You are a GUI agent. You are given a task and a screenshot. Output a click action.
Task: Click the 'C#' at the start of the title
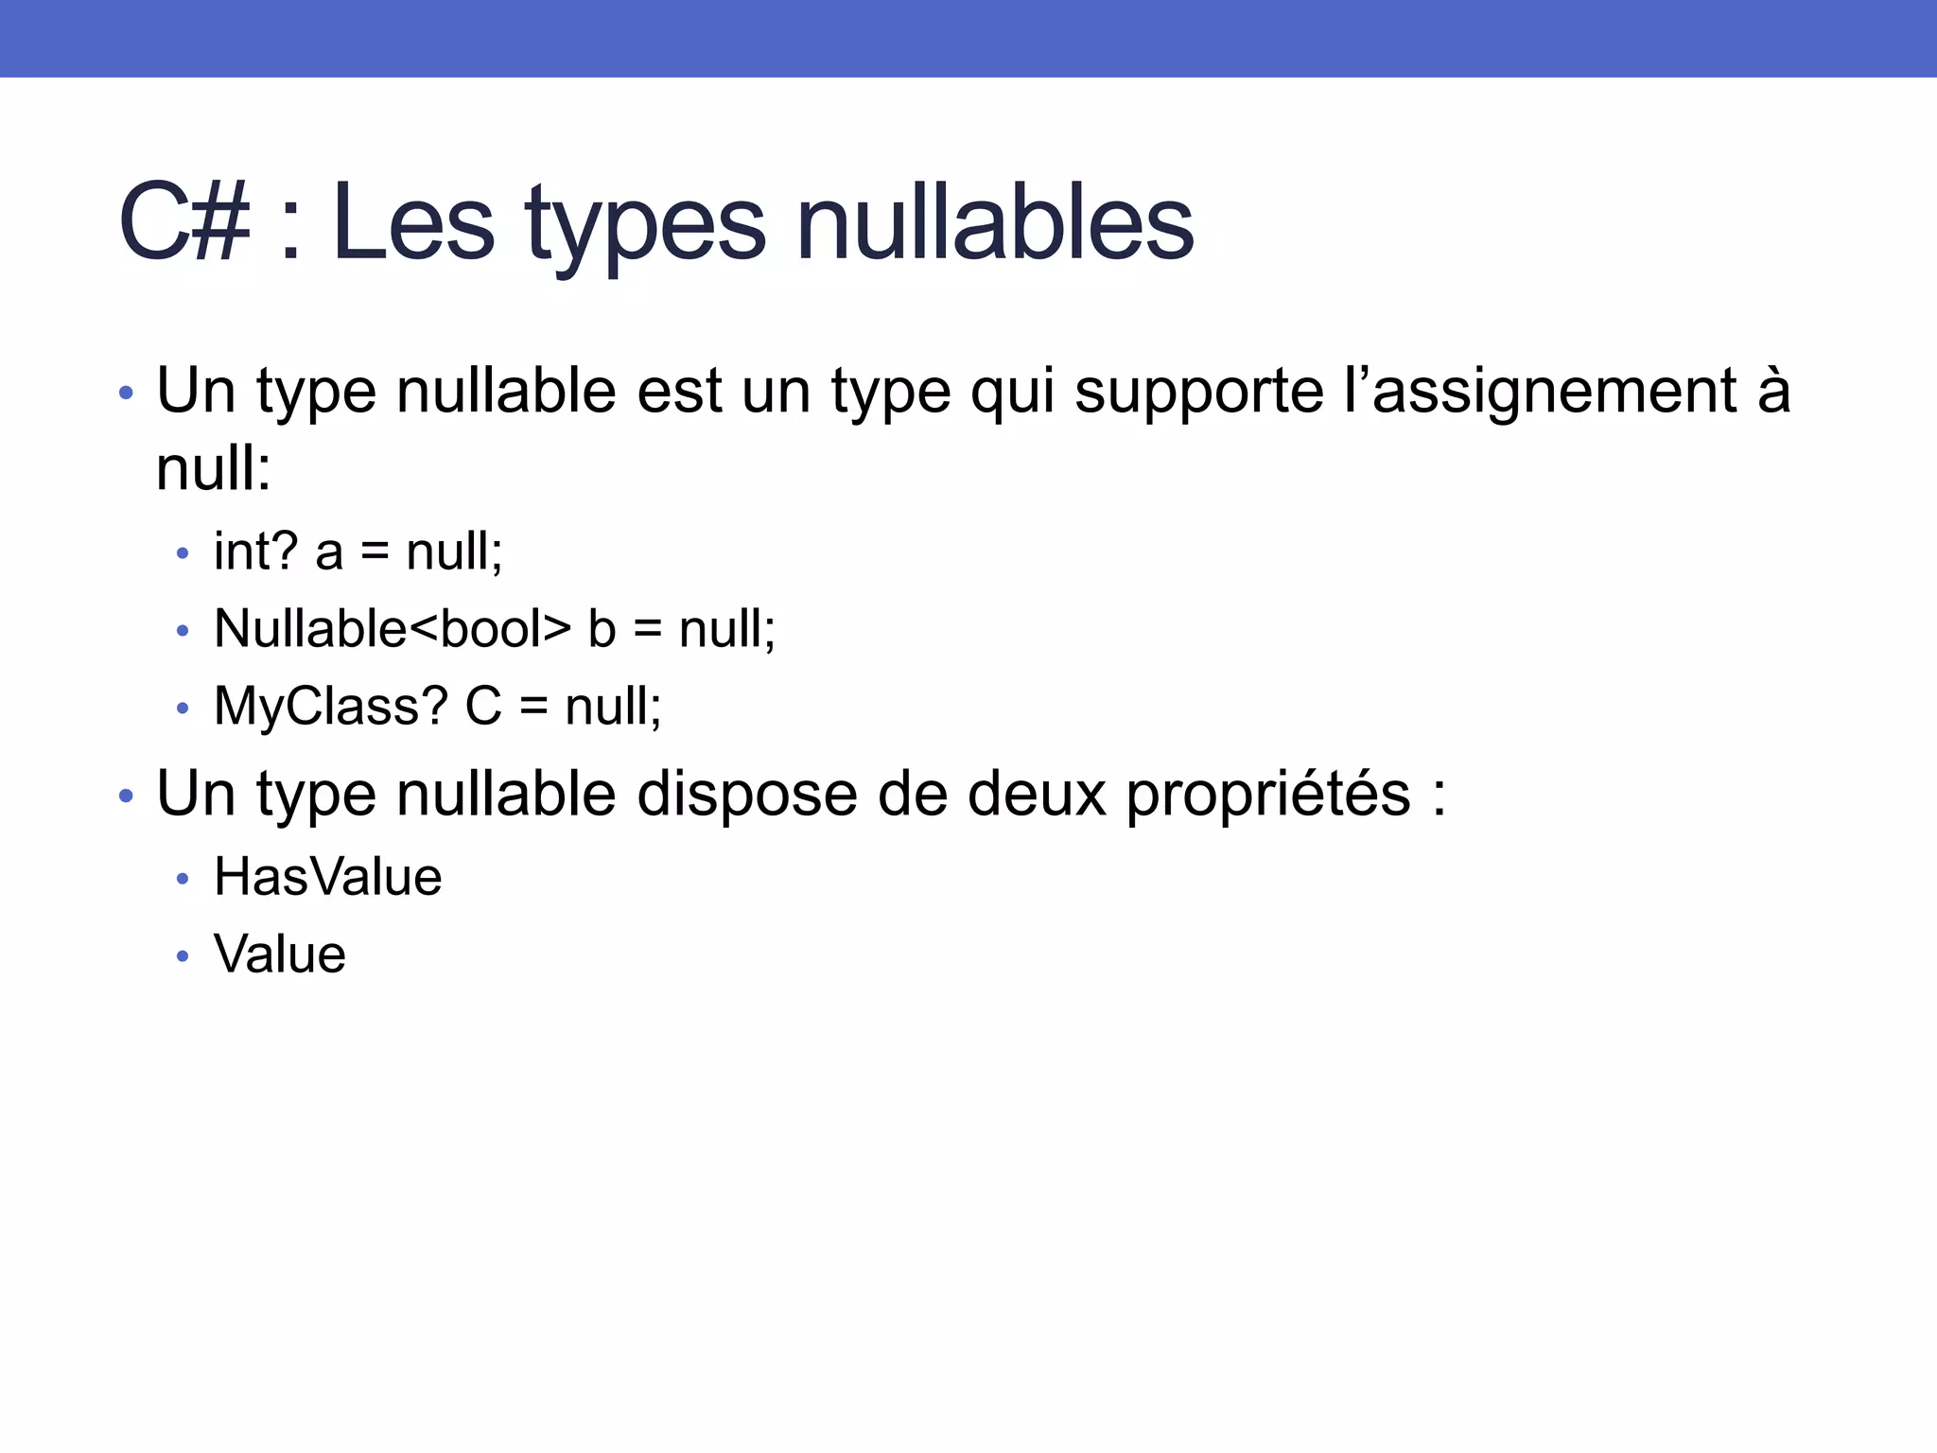184,223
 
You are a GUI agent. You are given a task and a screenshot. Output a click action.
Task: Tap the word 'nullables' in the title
995,223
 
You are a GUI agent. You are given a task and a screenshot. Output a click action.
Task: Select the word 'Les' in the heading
413,223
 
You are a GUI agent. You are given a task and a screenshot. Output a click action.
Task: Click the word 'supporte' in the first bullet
1199,392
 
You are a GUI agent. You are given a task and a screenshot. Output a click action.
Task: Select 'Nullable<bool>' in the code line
393,629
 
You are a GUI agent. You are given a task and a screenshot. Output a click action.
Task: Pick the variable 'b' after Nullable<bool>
602,629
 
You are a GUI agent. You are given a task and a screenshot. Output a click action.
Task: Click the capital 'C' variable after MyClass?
483,707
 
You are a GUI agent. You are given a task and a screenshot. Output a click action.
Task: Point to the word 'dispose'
746,795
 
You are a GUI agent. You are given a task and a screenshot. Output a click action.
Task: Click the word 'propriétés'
1267,795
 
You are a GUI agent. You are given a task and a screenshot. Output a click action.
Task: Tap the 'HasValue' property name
327,877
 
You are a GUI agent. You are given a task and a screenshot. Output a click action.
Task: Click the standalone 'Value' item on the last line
280,954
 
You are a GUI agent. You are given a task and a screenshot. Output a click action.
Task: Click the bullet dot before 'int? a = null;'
183,553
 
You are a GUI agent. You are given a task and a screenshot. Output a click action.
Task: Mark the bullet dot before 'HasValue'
183,880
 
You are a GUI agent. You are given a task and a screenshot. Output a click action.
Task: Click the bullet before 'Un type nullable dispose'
127,797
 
